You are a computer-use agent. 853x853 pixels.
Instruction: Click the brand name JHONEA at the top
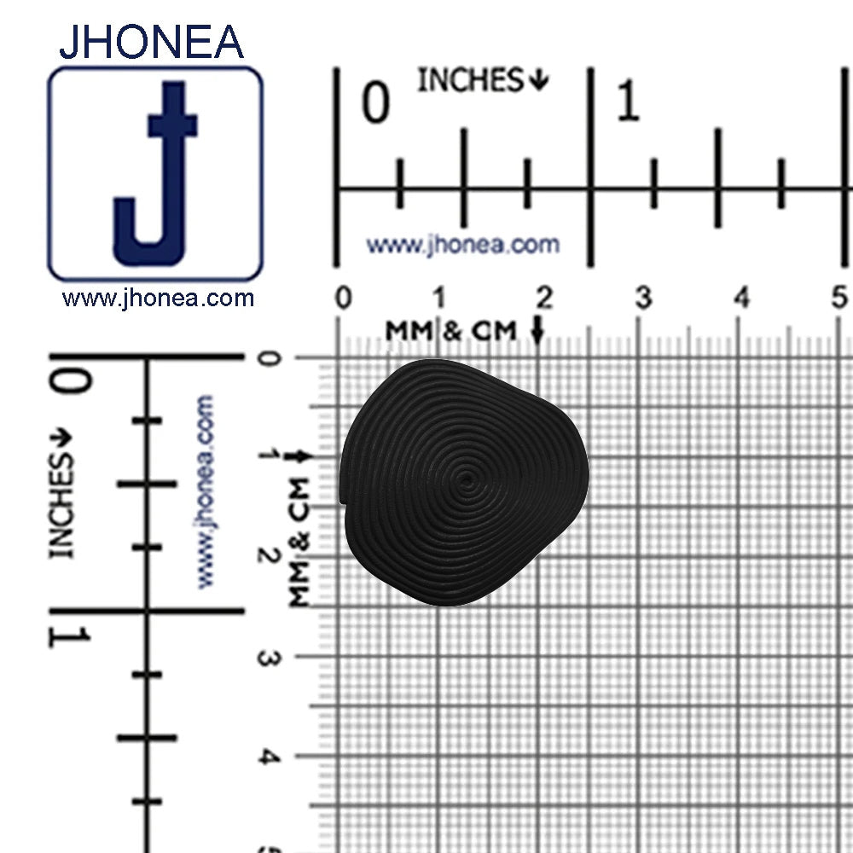[x=151, y=42]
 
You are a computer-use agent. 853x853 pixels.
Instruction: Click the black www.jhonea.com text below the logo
[x=158, y=299]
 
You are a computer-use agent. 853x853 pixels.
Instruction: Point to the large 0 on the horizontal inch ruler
[x=375, y=103]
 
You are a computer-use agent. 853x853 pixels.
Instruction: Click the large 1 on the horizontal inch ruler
[x=628, y=103]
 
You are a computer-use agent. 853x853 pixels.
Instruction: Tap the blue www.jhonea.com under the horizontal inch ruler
[x=462, y=245]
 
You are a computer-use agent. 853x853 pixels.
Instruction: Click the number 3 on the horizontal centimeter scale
[x=643, y=298]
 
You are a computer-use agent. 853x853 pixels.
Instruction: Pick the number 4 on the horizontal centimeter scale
[x=742, y=298]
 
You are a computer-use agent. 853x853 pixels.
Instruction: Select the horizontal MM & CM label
[x=451, y=330]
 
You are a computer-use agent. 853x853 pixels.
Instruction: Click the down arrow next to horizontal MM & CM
[x=537, y=330]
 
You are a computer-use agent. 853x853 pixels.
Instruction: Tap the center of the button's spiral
[x=466, y=480]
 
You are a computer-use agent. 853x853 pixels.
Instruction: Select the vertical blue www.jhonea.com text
[x=206, y=491]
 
